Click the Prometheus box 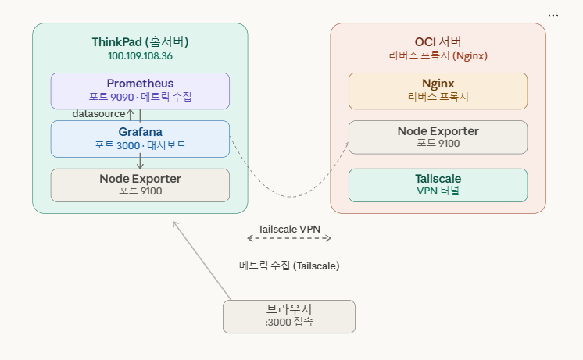140,91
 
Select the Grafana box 140,138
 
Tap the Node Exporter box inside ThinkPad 140,185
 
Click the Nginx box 438,91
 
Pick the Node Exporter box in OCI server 438,137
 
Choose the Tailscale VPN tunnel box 438,185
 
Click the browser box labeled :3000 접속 288,316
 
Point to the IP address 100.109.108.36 140,56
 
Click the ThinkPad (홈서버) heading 140,42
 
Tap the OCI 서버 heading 438,42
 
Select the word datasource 98,114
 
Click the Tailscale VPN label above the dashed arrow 289,229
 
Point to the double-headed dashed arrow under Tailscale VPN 289,239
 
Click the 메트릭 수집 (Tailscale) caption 289,266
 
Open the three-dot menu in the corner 553,15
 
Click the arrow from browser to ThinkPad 202,260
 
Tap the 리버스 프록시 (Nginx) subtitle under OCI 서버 438,56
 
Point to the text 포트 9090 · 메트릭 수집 140,98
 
